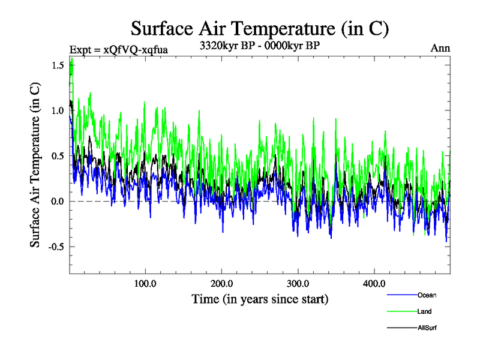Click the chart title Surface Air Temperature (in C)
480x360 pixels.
[x=260, y=28]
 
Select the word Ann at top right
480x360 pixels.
[x=440, y=49]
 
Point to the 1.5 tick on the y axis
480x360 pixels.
[x=58, y=65]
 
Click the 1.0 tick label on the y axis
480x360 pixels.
[x=58, y=110]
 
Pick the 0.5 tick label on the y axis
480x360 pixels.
[x=58, y=156]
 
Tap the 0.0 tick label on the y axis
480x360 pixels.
[x=58, y=201]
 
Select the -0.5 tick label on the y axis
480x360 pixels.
[x=56, y=247]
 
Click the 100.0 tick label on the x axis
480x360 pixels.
[x=145, y=283]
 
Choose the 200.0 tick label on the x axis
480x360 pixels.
[x=221, y=283]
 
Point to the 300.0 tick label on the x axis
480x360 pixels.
[x=298, y=283]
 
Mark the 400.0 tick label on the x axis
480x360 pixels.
[x=374, y=283]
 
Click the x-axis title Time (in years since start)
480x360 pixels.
[x=260, y=298]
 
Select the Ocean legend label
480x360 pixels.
[x=427, y=295]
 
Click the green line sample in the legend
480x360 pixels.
[x=401, y=311]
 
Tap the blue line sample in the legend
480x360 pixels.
[x=401, y=295]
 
